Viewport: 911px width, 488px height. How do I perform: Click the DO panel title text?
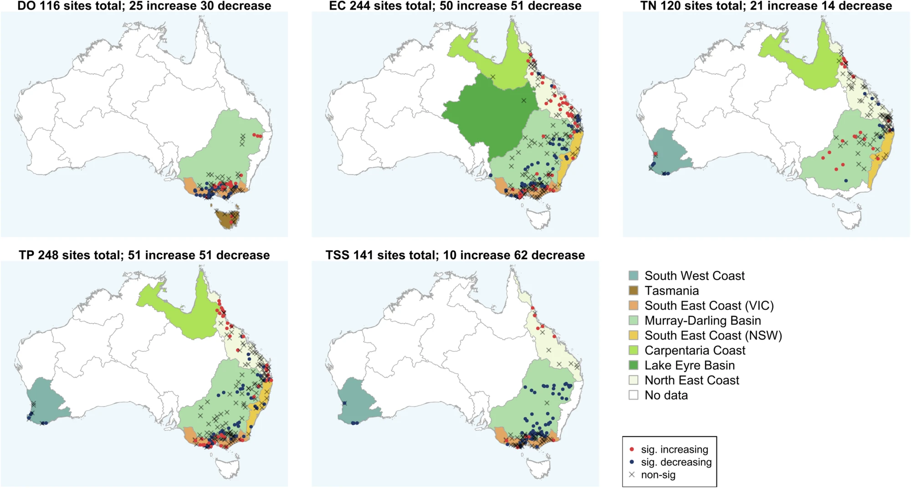point(144,6)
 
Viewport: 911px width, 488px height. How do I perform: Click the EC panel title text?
point(455,6)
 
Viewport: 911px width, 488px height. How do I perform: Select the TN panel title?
point(766,6)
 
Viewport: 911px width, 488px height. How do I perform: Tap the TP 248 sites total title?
point(144,255)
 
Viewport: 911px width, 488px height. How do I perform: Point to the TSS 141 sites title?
point(455,255)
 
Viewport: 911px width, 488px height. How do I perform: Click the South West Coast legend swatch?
point(633,276)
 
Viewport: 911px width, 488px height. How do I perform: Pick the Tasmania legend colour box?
point(633,291)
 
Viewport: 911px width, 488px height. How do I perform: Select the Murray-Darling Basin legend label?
point(702,321)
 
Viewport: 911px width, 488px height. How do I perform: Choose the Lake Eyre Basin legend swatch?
point(633,365)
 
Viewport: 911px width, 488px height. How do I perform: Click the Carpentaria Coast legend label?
point(695,350)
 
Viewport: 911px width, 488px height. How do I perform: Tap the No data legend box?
point(633,395)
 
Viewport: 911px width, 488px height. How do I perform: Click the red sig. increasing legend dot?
point(632,450)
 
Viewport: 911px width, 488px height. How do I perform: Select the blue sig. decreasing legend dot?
point(632,462)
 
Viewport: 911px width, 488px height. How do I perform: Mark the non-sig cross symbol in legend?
point(632,475)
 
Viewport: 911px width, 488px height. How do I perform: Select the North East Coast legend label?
point(691,380)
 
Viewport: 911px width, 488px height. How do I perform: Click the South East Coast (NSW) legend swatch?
point(633,335)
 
